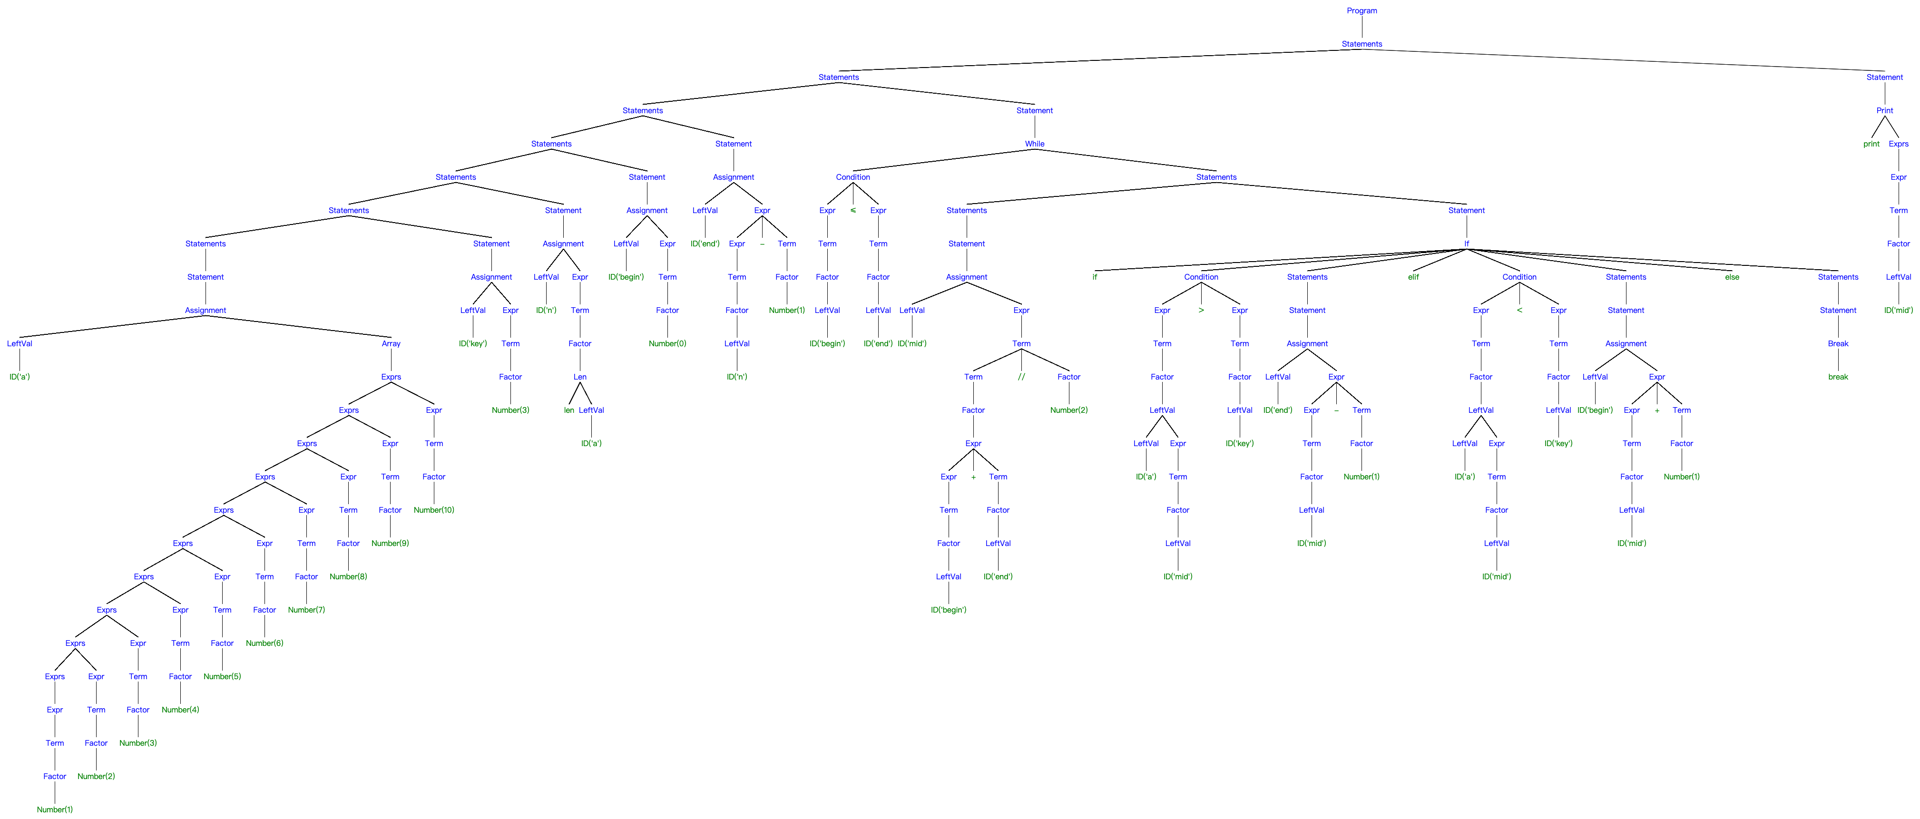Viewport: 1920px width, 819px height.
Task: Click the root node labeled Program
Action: pos(1361,10)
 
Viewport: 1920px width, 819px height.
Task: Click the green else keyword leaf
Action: pos(1732,277)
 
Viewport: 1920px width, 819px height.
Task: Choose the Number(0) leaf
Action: pos(667,343)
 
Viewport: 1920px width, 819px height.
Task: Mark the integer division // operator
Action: pos(1021,377)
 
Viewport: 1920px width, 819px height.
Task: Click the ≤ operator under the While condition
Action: pos(852,210)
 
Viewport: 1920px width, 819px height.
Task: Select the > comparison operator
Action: pos(1201,310)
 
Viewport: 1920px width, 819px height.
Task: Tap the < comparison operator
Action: pos(1519,310)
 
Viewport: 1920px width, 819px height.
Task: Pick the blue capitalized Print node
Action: pos(1884,110)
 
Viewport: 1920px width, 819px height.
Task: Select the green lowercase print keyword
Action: pos(1871,144)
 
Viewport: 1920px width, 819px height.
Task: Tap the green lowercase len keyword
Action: pos(568,410)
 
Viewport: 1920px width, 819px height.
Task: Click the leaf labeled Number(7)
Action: pos(306,610)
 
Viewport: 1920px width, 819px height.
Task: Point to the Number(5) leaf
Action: pos(222,677)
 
